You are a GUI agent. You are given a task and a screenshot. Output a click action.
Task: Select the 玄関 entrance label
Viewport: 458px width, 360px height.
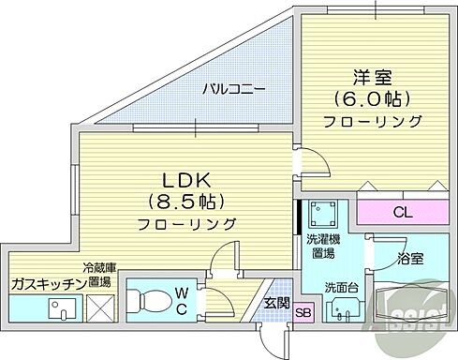276,302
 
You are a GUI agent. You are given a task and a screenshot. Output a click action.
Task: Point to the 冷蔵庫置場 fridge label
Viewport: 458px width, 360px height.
97,273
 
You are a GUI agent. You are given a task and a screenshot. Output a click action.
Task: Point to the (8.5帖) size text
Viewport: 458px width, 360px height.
187,202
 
